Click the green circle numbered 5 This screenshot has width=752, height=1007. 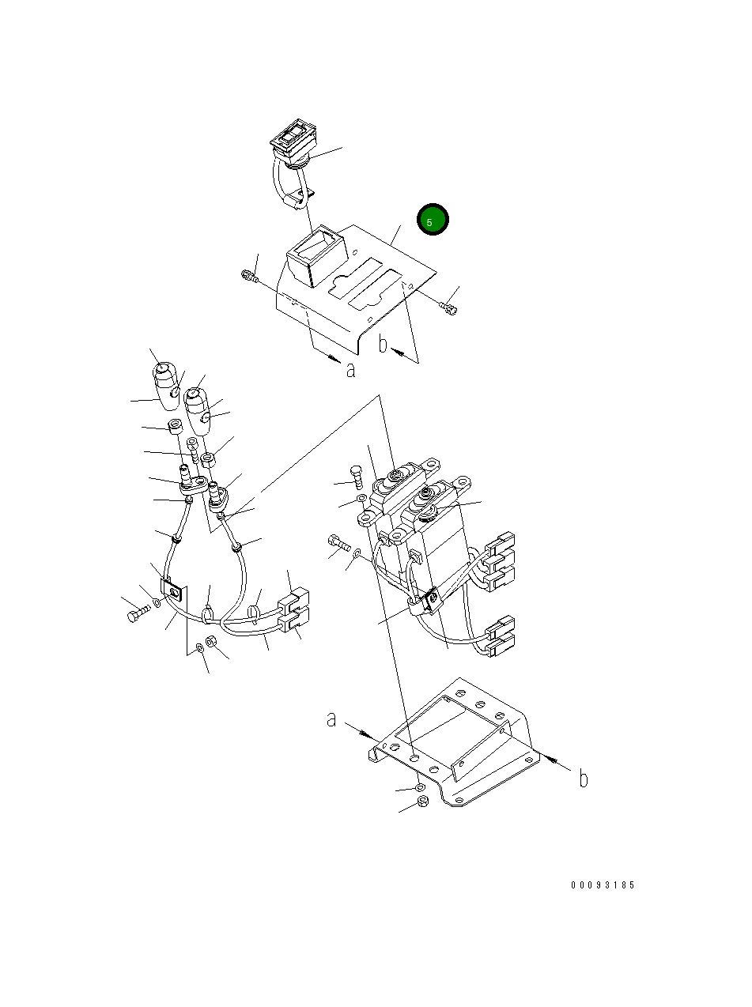tap(433, 219)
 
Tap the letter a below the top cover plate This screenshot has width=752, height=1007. tap(350, 369)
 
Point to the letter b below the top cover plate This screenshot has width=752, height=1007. tap(383, 344)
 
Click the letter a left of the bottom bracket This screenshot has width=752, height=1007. tap(331, 719)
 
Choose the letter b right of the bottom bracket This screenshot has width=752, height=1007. tap(583, 779)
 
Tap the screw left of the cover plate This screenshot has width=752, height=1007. tap(250, 276)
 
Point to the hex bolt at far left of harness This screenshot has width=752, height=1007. tap(138, 613)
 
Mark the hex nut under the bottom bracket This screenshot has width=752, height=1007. tap(422, 802)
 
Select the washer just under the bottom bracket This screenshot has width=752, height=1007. tap(419, 787)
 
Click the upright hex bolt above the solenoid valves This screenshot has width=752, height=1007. tap(357, 477)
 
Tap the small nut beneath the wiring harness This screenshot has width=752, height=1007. tap(211, 640)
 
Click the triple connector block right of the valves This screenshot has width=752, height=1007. tap(500, 561)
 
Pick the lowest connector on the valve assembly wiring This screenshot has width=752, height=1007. tap(500, 647)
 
